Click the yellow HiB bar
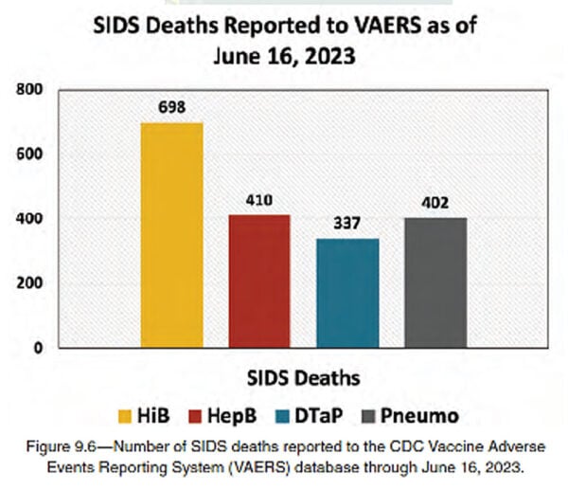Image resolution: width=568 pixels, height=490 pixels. click(x=171, y=235)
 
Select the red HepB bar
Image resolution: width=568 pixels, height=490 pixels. click(x=259, y=281)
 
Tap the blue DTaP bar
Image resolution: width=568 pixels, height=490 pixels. click(x=347, y=293)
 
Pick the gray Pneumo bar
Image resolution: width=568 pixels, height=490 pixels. click(x=435, y=282)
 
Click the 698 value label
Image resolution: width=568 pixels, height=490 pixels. click(x=172, y=107)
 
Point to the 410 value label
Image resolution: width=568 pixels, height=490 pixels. click(x=259, y=200)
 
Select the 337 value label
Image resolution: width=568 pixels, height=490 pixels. click(x=347, y=223)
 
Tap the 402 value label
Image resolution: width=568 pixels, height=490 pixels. click(x=435, y=203)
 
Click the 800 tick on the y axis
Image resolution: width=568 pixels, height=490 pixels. click(x=29, y=89)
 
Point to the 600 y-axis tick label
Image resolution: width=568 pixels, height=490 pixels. click(x=29, y=154)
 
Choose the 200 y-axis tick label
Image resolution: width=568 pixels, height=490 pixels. click(x=29, y=282)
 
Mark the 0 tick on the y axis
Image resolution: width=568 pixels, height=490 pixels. click(x=38, y=348)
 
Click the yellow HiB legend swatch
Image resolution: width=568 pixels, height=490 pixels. click(x=125, y=416)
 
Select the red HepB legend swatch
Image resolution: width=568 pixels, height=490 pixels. click(x=195, y=416)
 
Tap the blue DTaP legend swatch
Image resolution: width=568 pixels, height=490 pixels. click(x=282, y=416)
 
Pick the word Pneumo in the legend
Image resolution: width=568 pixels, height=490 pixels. click(x=419, y=416)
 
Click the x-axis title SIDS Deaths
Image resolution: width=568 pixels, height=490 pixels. click(x=304, y=378)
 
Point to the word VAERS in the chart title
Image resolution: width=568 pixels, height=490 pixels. click(x=387, y=26)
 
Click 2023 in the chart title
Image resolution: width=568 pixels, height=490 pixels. click(x=329, y=56)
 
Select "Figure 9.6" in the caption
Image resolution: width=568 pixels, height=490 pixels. click(x=61, y=446)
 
